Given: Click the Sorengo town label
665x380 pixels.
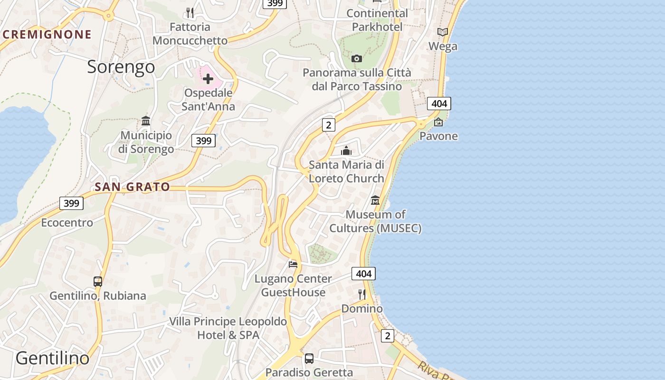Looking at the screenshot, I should click(121, 67).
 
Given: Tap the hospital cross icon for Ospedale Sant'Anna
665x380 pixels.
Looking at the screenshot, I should click(208, 79).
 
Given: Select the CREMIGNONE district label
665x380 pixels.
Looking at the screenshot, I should click(47, 34).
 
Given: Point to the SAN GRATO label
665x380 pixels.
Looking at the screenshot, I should click(132, 187).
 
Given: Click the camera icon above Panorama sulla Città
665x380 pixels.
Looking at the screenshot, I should click(357, 59).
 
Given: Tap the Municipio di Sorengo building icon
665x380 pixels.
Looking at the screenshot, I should click(146, 121).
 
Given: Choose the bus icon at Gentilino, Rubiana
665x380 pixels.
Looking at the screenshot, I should click(98, 282).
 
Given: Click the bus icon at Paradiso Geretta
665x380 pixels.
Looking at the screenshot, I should click(309, 359).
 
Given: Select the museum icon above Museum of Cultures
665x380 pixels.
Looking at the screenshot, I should click(375, 200).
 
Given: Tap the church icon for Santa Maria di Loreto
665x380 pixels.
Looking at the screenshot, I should click(346, 151).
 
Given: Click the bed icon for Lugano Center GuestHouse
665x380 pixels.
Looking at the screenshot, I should click(293, 264).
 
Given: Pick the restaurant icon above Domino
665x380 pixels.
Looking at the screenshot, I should click(362, 294).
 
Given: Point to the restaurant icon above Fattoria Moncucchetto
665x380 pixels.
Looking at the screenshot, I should click(190, 12).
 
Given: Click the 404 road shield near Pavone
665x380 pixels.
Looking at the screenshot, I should click(438, 104).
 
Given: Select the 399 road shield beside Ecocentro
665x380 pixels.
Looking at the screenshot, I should click(71, 203).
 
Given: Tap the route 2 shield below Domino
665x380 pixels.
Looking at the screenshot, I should click(388, 336).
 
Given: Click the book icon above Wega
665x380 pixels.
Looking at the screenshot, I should click(443, 32).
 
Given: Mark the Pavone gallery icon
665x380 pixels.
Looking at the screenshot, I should click(438, 122).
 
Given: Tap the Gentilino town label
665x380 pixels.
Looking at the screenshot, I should click(52, 358).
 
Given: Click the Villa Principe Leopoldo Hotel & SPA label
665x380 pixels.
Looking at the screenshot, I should click(228, 328).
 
